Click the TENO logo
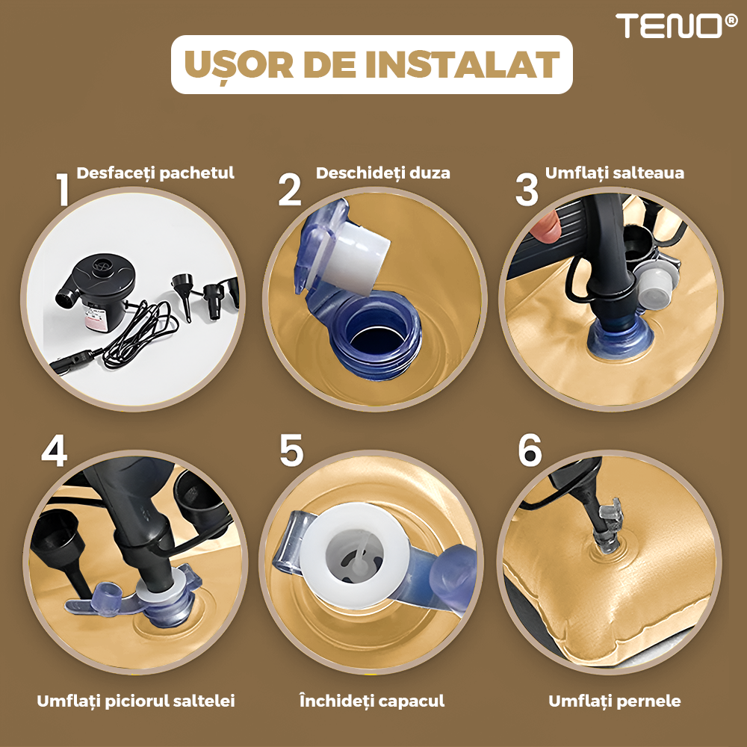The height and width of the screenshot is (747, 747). [x=676, y=25]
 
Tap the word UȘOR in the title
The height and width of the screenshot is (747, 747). [x=239, y=66]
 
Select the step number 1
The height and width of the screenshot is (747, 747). [x=63, y=189]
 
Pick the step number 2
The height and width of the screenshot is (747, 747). [x=290, y=189]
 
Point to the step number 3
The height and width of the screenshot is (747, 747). [x=527, y=190]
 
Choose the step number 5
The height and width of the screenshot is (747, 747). [x=291, y=450]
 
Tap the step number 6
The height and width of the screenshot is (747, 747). [x=530, y=450]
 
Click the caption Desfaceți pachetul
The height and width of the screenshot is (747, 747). [x=155, y=173]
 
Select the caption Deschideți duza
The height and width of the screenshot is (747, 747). [x=383, y=173]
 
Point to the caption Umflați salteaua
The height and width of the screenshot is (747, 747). [x=615, y=173]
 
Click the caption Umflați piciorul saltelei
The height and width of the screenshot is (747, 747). [x=136, y=701]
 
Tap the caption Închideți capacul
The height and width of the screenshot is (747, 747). [x=372, y=701]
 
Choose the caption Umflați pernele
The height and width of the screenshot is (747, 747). [x=615, y=701]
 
